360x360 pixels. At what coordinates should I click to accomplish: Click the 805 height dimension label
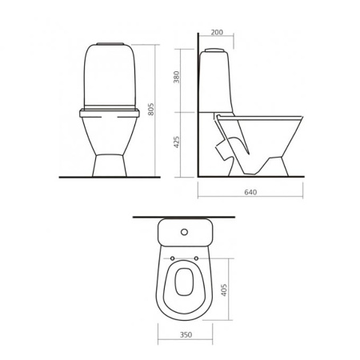[x=151, y=109]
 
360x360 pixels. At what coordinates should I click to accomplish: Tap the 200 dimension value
[x=217, y=32]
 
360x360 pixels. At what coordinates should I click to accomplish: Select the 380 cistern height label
[x=177, y=77]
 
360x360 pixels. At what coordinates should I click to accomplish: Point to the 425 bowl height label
[x=177, y=142]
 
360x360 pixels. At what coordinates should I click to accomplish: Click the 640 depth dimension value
[x=250, y=192]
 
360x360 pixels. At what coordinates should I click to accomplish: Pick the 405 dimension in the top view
[x=224, y=290]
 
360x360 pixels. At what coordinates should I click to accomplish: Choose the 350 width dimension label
[x=186, y=334]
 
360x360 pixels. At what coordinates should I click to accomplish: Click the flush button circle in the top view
[x=184, y=232]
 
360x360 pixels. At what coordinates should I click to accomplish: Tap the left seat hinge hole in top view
[x=172, y=258]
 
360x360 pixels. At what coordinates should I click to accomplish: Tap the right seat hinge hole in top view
[x=196, y=258]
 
